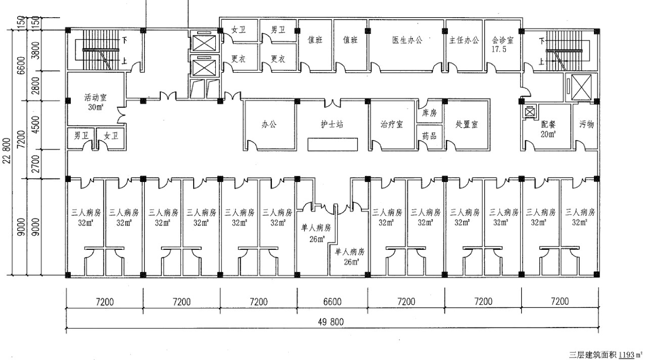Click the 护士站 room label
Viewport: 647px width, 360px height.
[332, 124]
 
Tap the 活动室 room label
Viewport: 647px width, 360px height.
[96, 98]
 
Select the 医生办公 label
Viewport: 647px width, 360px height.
[407, 40]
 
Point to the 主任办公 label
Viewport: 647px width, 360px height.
[464, 40]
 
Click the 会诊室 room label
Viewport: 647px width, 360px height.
[502, 40]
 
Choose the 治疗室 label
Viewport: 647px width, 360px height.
[392, 124]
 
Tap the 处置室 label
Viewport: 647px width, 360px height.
[467, 124]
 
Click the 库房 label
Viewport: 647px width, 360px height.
[429, 113]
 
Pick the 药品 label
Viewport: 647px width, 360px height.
[429, 136]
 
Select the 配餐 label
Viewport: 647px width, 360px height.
[548, 124]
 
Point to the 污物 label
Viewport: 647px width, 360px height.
[586, 124]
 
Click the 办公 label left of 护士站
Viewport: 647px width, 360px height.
[269, 124]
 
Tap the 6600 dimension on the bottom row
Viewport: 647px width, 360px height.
[332, 302]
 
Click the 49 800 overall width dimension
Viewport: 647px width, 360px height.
[331, 322]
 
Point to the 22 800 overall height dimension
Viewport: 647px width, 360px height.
[7, 151]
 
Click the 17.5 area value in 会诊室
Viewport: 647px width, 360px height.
[499, 50]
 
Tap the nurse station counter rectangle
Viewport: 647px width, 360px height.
[333, 145]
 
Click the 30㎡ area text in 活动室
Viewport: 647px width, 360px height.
[96, 107]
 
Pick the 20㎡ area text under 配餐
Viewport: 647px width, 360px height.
[548, 134]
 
